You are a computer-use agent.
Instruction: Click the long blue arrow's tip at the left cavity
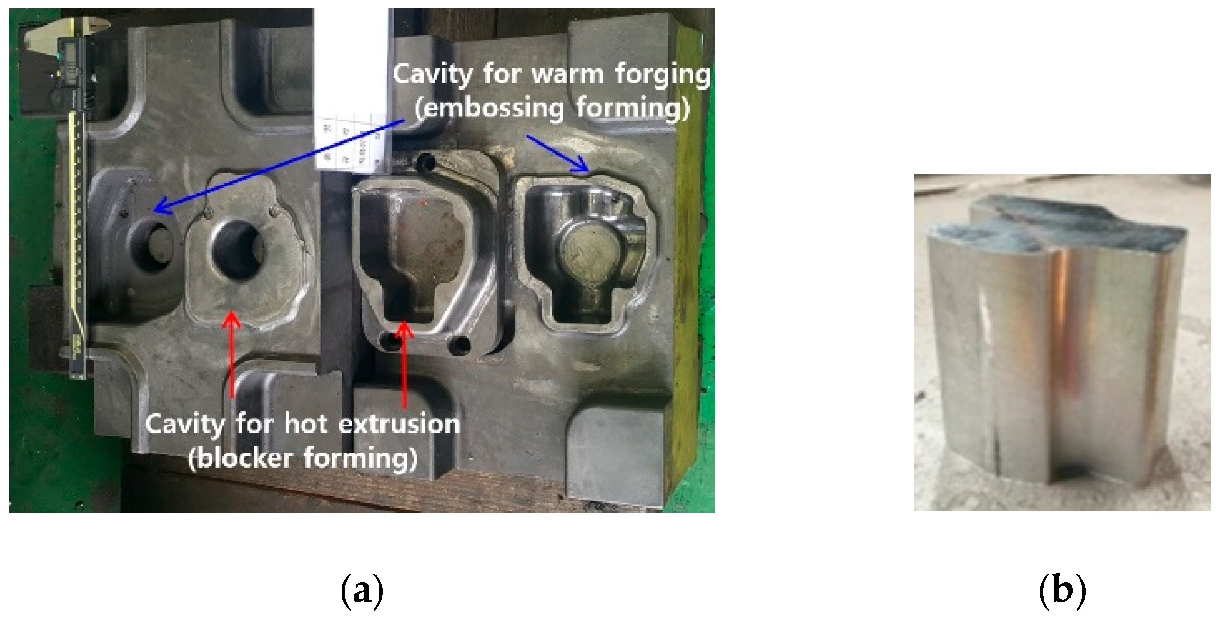(x=157, y=211)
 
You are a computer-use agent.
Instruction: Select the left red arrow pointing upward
(x=231, y=356)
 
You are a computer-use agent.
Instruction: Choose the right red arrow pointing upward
(x=404, y=365)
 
